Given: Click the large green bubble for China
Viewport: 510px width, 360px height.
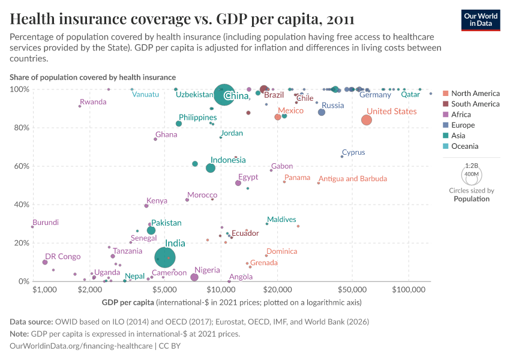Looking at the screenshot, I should [224, 94].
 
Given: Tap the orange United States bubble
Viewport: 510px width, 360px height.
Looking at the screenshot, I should [367, 120].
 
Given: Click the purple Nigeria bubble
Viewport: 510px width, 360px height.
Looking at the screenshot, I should [194, 277].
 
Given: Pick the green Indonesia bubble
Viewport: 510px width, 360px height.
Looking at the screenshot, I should [211, 168].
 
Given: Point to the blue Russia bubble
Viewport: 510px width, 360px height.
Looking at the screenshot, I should [322, 112].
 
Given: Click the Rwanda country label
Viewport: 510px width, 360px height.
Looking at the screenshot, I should [93, 102].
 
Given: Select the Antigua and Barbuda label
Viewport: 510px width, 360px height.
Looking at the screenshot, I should [353, 179].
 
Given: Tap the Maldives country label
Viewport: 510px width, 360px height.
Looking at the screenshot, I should [281, 220].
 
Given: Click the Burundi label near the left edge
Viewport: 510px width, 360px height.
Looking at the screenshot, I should [46, 223].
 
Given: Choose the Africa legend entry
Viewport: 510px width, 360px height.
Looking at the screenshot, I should [462, 115].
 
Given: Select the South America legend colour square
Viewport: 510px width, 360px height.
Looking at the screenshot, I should [445, 104].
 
